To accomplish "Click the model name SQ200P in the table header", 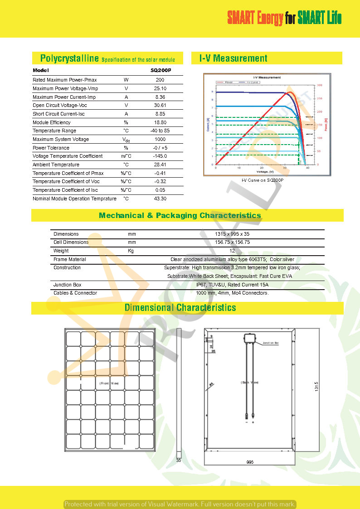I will click(160, 71).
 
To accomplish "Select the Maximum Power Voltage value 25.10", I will click(160, 88).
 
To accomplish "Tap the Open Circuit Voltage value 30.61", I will click(160, 105).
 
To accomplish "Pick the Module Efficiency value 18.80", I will click(160, 122).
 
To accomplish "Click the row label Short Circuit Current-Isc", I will click(58, 114).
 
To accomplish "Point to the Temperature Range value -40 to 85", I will click(160, 131).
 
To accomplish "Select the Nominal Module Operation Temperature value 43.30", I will click(160, 199).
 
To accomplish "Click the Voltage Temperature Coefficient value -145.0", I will click(160, 156).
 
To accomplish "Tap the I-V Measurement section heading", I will click(234, 58).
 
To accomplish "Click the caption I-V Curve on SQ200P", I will click(262, 180).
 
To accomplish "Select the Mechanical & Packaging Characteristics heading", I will click(180, 215).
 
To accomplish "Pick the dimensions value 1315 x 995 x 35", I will click(232, 234).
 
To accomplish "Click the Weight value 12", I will click(232, 251).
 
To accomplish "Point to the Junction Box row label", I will click(67, 285).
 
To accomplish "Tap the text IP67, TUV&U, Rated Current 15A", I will click(232, 285).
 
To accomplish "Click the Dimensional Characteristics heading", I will click(180, 308).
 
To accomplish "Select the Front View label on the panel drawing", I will click(109, 383).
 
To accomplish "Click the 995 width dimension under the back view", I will click(250, 462).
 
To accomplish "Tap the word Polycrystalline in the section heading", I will click(69, 58).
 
